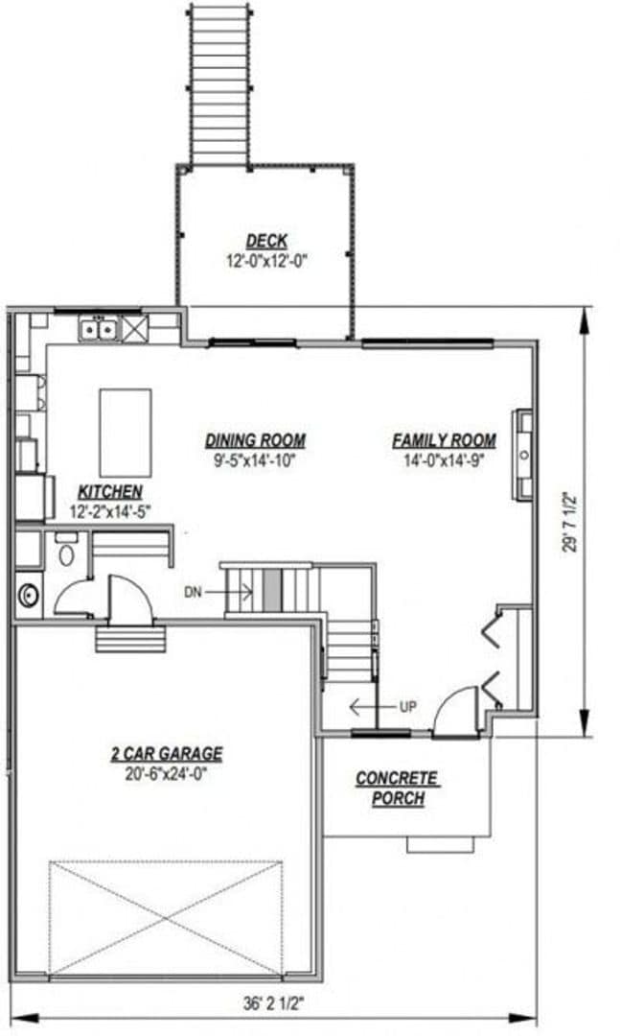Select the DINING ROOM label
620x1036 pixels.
tap(256, 441)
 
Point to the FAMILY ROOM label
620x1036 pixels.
tap(444, 441)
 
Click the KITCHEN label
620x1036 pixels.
tap(105, 491)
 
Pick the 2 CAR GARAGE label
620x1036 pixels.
tap(167, 753)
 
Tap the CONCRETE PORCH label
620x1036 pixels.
tap(397, 788)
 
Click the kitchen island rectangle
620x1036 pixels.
tap(126, 419)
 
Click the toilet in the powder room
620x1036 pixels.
tap(66, 554)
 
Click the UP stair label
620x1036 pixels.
tap(407, 707)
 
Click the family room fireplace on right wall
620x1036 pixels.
tap(523, 455)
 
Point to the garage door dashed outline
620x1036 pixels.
tap(166, 918)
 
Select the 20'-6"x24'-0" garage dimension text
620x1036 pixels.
tap(167, 771)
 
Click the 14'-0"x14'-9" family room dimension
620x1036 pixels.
tap(444, 459)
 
